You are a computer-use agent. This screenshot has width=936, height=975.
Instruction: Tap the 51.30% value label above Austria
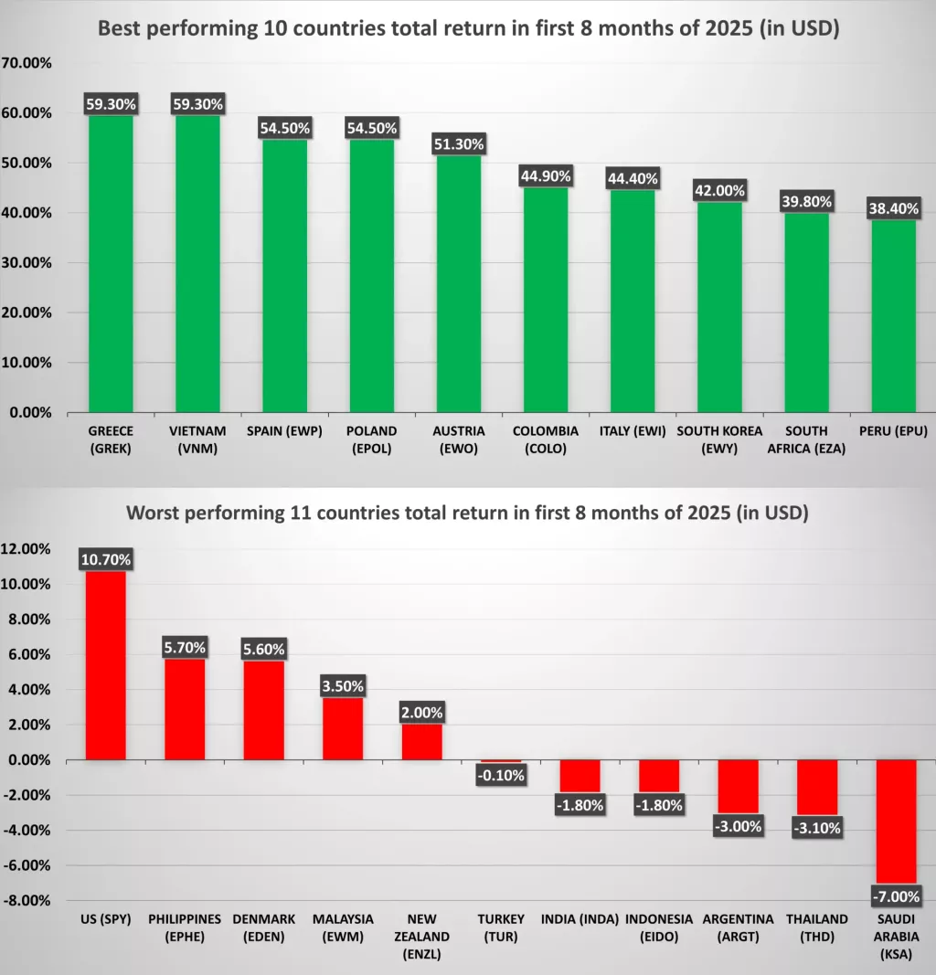point(459,144)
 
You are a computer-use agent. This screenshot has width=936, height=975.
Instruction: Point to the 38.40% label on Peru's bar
point(894,208)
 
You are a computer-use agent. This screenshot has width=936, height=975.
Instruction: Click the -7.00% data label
point(897,896)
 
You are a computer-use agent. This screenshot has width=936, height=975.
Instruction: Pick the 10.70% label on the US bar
point(106,559)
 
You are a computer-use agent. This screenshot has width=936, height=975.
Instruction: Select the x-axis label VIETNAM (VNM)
point(197,439)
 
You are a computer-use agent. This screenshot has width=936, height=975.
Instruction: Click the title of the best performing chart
point(468,28)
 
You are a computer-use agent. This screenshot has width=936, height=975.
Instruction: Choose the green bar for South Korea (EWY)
point(719,307)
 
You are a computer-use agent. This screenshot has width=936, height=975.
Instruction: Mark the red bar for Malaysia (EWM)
point(343,728)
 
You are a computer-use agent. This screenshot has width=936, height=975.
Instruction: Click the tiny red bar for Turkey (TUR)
point(501,761)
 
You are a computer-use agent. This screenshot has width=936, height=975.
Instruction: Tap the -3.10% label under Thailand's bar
point(817,829)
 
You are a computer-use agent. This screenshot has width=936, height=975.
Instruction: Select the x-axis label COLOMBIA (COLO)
point(546,439)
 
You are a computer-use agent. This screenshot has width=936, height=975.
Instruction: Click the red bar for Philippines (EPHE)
point(185,709)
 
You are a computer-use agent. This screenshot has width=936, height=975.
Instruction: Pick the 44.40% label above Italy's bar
point(633,178)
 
